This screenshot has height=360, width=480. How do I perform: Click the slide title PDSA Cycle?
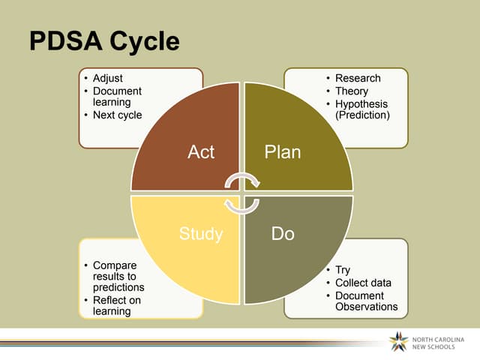pos(104,42)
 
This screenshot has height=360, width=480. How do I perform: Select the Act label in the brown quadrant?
pos(201,152)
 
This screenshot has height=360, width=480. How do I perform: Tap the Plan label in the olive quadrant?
pos(283,152)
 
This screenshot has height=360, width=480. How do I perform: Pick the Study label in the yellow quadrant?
pos(201,234)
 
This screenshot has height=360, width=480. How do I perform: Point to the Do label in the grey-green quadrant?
pos(283,234)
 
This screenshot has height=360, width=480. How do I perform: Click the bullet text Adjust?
pos(107,78)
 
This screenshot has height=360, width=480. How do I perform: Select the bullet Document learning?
pos(116,97)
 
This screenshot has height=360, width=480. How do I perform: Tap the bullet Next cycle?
pos(116,115)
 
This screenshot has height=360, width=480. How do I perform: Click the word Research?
pos(358,78)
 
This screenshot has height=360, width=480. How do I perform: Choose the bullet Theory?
pos(352,91)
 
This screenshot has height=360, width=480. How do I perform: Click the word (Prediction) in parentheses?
pos(363,115)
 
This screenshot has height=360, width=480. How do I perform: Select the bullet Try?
pos(343,270)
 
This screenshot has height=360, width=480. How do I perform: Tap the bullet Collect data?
pos(363,283)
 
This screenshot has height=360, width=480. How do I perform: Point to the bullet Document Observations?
pos(366,301)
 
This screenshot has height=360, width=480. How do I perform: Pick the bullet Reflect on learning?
pos(116,306)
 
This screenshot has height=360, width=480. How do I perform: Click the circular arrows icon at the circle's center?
pos(243,193)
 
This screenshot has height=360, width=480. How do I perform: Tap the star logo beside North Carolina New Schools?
pos(399,342)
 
